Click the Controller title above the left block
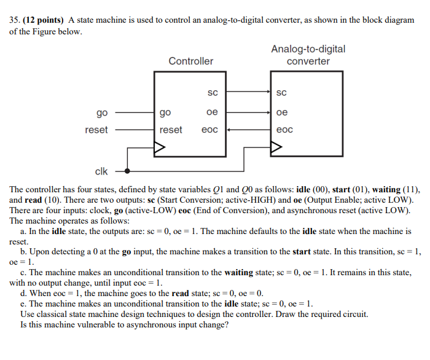191,61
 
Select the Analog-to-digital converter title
308,55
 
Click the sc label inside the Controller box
212,93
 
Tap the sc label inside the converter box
282,93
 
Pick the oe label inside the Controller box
212,112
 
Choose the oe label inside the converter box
282,112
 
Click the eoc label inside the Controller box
210,130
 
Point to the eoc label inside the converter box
284,130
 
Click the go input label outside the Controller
102,112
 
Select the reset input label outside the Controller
96,130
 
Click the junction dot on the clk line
128,171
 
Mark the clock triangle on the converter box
276,147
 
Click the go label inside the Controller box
165,112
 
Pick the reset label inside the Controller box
171,130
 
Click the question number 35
14,20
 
